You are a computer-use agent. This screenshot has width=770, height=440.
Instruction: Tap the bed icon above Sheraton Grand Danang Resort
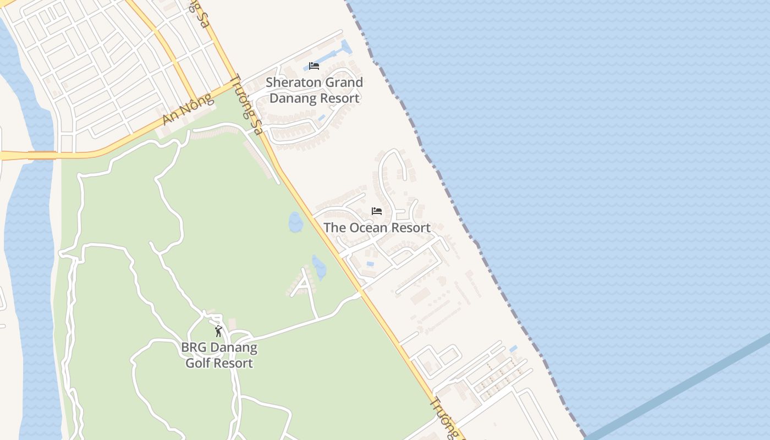pos(314,66)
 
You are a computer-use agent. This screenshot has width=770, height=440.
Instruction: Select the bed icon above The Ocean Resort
pos(377,211)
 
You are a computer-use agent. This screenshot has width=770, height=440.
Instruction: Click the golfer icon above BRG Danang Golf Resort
pos(218,331)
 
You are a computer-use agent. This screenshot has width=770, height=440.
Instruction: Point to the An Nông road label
pos(187,110)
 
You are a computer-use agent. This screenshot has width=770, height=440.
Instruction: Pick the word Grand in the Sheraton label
pos(340,82)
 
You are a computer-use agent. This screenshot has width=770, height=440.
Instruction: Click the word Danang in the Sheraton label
pos(295,98)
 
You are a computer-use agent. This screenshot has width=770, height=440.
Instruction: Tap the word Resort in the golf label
pos(234,364)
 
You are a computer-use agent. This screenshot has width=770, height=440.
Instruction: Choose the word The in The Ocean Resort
pos(334,228)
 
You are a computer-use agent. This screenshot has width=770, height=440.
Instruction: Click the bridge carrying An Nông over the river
pos(42,156)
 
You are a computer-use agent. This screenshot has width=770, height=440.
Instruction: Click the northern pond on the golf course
pos(295,222)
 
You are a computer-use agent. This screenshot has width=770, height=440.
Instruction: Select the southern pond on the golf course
pos(319,267)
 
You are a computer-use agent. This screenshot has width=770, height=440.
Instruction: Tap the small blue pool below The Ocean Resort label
pos(370,263)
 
